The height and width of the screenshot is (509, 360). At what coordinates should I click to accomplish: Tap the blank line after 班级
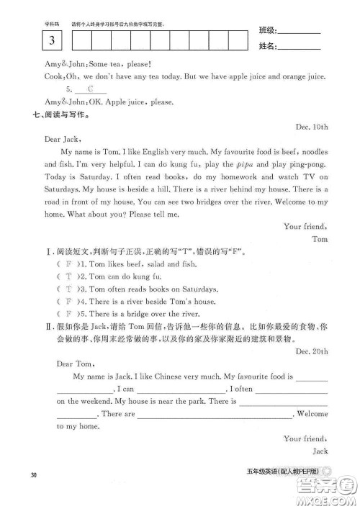coord(299,32)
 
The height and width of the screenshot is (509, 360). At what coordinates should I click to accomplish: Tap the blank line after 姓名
coord(299,48)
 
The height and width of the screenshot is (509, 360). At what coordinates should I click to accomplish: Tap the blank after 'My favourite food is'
coord(311,377)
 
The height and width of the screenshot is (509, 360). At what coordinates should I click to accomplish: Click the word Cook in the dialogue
coord(54,76)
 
